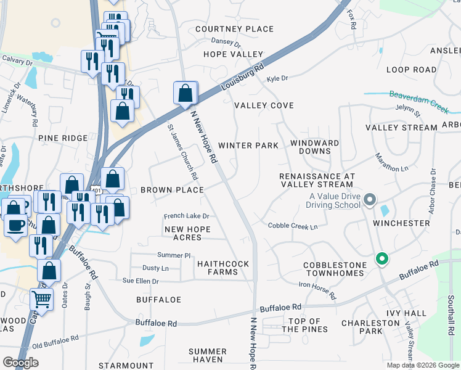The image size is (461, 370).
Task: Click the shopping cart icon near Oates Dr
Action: coord(41,300)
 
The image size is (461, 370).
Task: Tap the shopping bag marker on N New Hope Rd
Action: coord(186,94)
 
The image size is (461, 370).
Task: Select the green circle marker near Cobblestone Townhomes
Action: coord(381,260)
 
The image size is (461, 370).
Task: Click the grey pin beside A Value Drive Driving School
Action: coord(369,199)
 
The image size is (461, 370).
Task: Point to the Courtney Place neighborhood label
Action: coord(234,29)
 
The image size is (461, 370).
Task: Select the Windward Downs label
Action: coord(314,147)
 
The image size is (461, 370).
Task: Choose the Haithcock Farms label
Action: coord(223,268)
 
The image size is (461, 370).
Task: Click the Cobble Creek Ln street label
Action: coord(292,226)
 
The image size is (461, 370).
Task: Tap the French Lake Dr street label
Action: coord(187,216)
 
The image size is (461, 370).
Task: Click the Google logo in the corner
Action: coord(20,362)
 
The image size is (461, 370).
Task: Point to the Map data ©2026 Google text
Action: coord(422,365)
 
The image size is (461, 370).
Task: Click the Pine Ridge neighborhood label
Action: coord(63,138)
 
